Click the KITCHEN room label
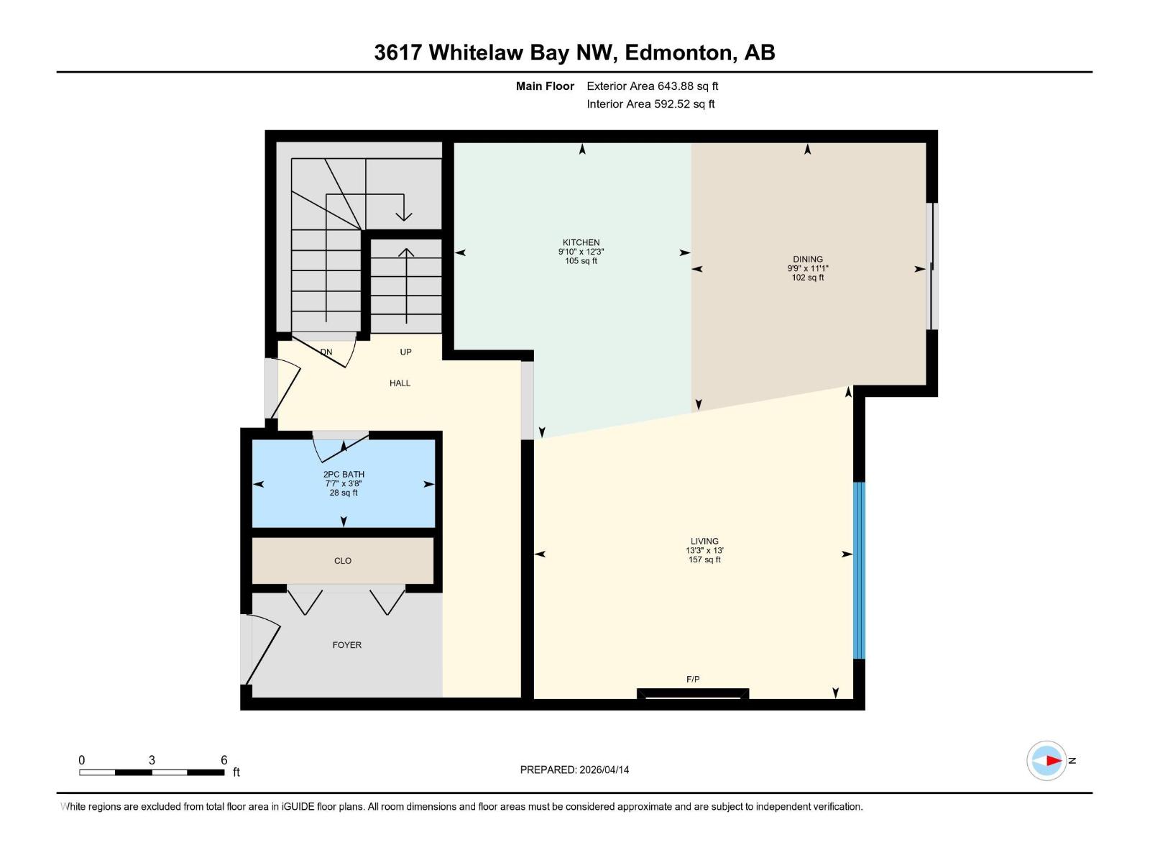tap(581, 242)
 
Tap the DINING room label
tap(808, 259)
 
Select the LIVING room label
tap(704, 541)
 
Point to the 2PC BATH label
tap(344, 474)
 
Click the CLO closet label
tap(343, 561)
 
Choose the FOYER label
tap(346, 645)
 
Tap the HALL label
tap(400, 383)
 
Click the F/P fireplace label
tap(693, 679)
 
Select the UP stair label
tap(405, 352)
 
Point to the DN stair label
tap(326, 352)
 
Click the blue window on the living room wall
tap(858, 570)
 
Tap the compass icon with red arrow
tap(1046, 760)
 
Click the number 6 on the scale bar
tap(224, 760)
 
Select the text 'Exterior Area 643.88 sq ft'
tap(652, 86)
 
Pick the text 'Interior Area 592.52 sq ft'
tap(650, 104)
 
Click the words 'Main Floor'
tap(545, 86)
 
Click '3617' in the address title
tap(397, 52)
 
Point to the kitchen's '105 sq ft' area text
tap(581, 261)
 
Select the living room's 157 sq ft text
tap(704, 560)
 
